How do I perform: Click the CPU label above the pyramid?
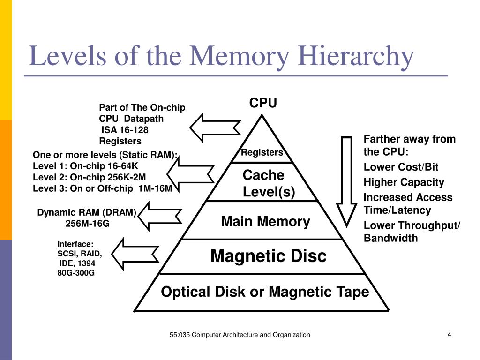(x=263, y=103)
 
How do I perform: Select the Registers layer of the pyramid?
(x=262, y=152)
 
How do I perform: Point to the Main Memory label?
(x=265, y=221)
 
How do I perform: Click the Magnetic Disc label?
(x=268, y=256)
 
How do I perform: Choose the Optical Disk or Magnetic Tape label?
(x=265, y=292)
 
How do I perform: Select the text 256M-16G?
(x=87, y=224)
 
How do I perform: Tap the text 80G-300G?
(x=76, y=272)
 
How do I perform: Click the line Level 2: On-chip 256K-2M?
(x=90, y=177)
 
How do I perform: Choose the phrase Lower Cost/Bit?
(x=401, y=167)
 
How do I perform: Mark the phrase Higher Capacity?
(x=404, y=182)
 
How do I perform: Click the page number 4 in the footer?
(x=449, y=335)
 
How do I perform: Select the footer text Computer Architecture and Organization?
(x=251, y=335)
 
